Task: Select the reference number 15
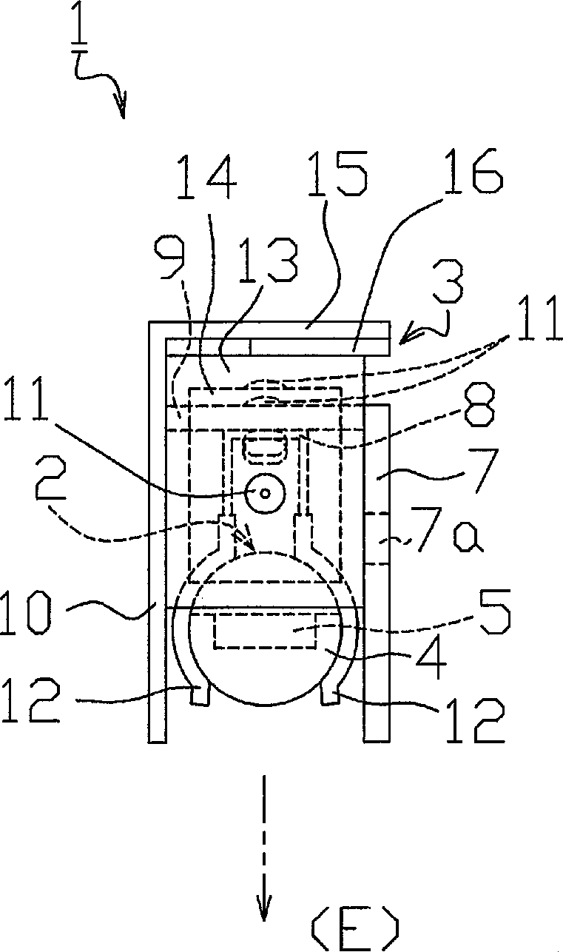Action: coord(337,173)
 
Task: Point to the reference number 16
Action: coord(472,171)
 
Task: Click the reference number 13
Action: coord(268,260)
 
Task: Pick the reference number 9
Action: coord(169,258)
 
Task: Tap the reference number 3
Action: coord(447,282)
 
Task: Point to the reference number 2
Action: coord(51,480)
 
